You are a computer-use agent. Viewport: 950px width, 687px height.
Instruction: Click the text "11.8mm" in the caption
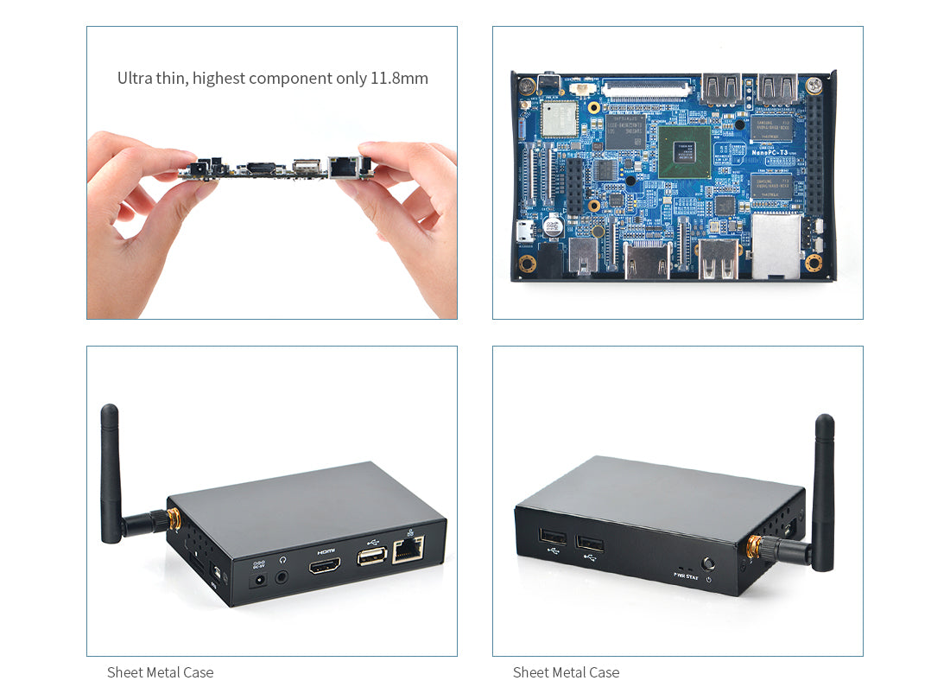point(399,79)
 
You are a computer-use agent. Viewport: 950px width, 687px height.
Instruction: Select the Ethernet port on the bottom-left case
point(408,549)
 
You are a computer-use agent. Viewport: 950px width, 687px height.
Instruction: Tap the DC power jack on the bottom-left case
point(257,582)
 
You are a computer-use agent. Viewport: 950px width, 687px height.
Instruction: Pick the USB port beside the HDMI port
point(371,557)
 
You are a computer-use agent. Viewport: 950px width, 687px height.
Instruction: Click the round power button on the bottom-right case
point(709,563)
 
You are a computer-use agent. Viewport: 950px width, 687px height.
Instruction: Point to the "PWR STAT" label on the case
point(686,576)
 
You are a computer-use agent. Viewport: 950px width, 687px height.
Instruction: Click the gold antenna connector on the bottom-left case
point(173,519)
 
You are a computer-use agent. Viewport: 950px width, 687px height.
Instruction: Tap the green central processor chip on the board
point(684,151)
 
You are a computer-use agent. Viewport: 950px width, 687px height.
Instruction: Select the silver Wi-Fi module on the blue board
point(559,119)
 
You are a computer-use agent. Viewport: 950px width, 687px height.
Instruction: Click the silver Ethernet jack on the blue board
point(775,245)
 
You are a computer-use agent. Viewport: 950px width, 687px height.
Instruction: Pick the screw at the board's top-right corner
point(814,85)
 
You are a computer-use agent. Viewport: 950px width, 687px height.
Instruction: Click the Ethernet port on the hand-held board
point(344,167)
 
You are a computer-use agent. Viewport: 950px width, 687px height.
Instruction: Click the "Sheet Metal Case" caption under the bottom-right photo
point(566,672)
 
